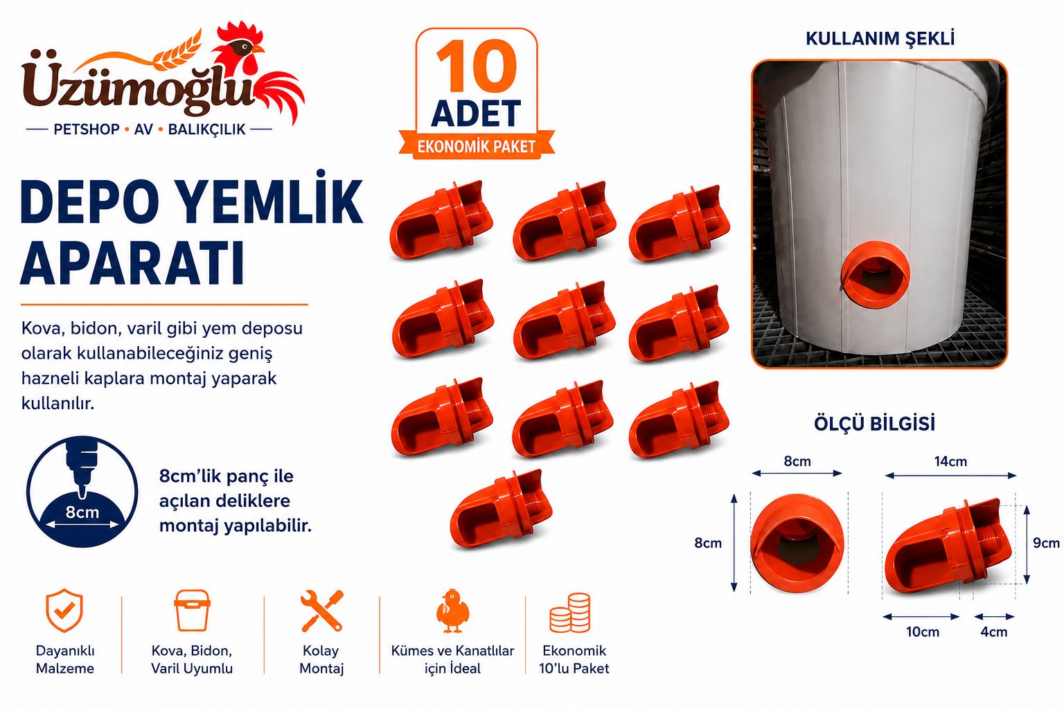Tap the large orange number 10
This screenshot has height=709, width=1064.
coord(477,66)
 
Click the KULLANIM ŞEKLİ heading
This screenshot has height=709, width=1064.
coord(880,39)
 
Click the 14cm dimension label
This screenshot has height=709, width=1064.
coord(950,461)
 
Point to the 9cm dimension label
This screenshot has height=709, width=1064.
coord(1047,543)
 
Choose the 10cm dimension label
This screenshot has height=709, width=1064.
coord(923,632)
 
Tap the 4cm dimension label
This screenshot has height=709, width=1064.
coord(994,632)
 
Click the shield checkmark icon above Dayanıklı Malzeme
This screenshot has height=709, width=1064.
coord(64,610)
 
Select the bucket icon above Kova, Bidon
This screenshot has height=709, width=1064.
coord(192,610)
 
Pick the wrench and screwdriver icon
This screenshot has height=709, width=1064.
coord(321,611)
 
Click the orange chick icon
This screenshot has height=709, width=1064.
coord(452,611)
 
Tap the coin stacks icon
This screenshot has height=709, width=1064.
coord(570,613)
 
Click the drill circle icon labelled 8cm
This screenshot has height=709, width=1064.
coord(82,492)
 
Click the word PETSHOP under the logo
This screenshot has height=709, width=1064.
coord(87,129)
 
